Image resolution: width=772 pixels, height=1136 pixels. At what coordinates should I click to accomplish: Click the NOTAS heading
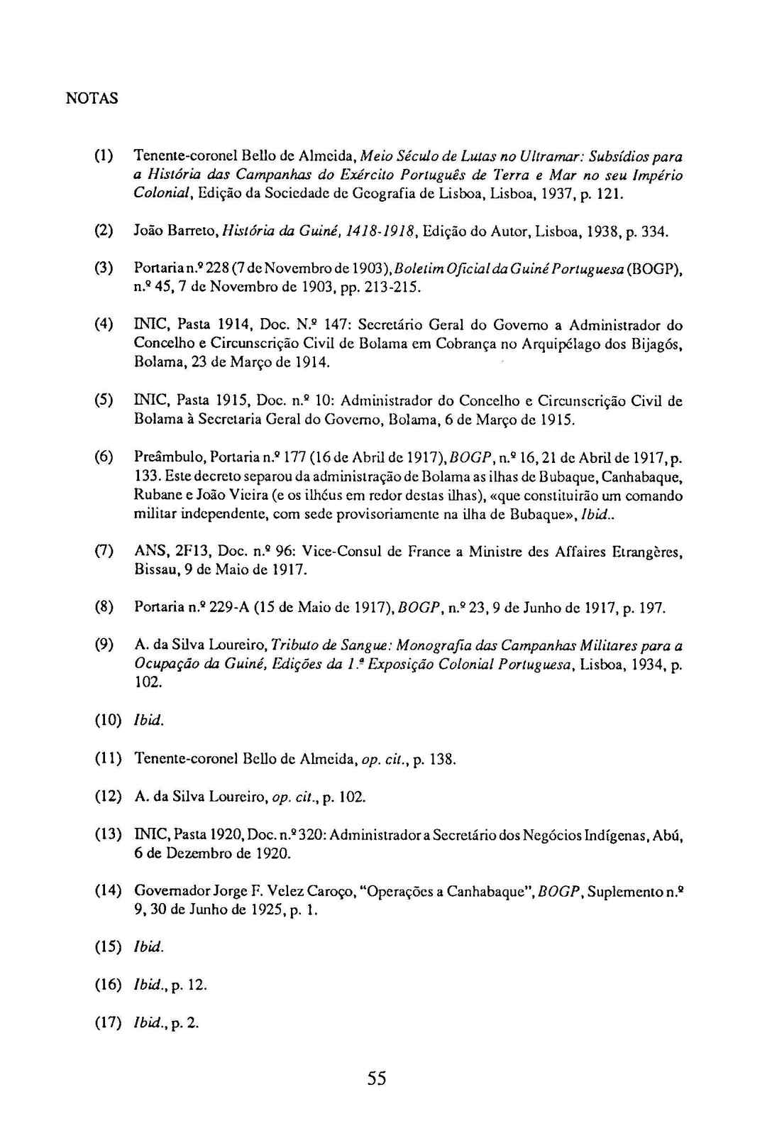pyautogui.click(x=92, y=99)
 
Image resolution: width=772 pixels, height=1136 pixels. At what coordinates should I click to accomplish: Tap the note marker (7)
pyautogui.click(x=104, y=551)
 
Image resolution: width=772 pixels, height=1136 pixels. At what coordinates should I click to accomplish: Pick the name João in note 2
pyautogui.click(x=147, y=231)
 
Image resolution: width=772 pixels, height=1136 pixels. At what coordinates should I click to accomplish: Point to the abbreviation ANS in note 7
pyautogui.click(x=148, y=551)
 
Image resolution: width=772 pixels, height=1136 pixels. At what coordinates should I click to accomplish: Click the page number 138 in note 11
pyautogui.click(x=441, y=760)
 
